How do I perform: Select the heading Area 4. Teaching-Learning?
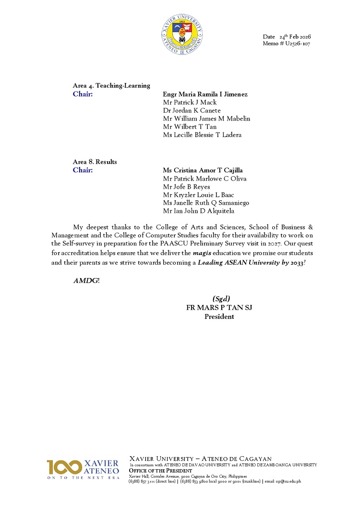111,85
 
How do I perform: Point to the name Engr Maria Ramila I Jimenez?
205,94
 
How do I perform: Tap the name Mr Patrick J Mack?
190,102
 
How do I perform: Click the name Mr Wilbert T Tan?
190,127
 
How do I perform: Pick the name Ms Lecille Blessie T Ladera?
202,135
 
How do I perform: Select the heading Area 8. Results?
95,162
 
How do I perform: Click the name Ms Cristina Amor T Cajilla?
202,170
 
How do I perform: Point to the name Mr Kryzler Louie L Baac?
199,195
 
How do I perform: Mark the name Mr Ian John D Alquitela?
199,211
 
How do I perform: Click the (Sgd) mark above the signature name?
221,299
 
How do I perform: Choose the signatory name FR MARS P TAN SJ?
219,308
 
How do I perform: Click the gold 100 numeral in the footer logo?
64,467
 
